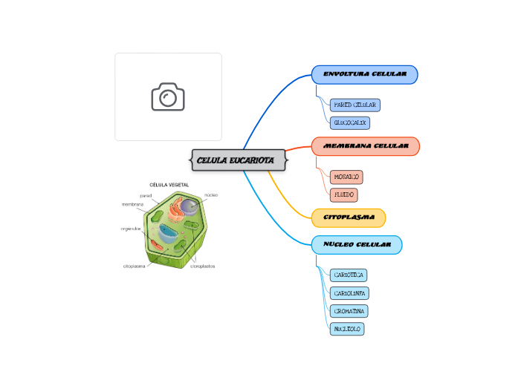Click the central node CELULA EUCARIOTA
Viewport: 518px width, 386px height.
tap(239, 160)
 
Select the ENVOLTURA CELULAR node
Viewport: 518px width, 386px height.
tap(364, 75)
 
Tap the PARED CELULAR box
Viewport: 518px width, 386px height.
tap(354, 105)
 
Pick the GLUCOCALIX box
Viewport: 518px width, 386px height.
tap(349, 123)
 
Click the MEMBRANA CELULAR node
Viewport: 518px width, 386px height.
tap(366, 146)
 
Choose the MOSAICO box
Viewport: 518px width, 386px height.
tap(346, 177)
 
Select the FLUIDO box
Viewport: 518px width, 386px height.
tap(343, 195)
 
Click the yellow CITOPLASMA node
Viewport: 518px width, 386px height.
tap(348, 218)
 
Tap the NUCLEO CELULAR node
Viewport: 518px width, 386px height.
tap(357, 245)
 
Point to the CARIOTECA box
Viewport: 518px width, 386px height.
tap(348, 275)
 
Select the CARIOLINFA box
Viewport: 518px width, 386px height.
tap(349, 293)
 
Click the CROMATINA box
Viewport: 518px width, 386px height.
tap(349, 311)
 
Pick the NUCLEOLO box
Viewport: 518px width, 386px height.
tap(346, 329)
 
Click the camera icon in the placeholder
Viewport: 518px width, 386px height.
tap(168, 96)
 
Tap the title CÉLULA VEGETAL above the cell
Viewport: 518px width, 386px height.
tap(169, 185)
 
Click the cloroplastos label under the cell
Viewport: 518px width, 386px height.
tap(202, 266)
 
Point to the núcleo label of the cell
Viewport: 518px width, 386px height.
tap(211, 194)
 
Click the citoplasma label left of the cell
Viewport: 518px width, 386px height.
tap(134, 266)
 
